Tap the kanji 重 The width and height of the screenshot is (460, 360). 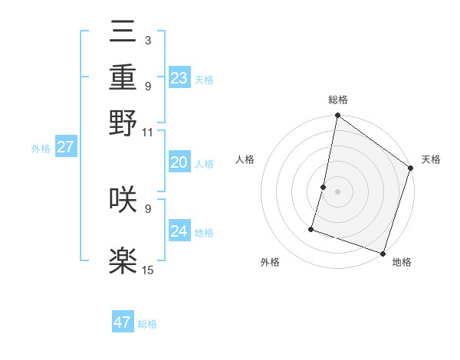[123, 80]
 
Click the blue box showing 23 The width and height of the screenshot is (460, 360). [179, 78]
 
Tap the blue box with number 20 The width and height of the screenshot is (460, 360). [179, 162]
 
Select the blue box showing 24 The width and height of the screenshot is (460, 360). [179, 231]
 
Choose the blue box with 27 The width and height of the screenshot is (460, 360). [65, 147]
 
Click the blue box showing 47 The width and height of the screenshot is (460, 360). [123, 322]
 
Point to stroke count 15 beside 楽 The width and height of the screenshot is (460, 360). [148, 270]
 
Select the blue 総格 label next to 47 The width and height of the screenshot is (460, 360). [147, 324]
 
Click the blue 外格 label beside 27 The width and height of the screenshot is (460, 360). [41, 149]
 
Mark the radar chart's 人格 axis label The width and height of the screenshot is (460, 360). [245, 159]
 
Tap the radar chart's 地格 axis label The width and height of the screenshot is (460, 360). [402, 262]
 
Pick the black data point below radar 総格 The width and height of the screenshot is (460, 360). [337, 116]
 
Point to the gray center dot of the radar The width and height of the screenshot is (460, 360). [337, 191]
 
